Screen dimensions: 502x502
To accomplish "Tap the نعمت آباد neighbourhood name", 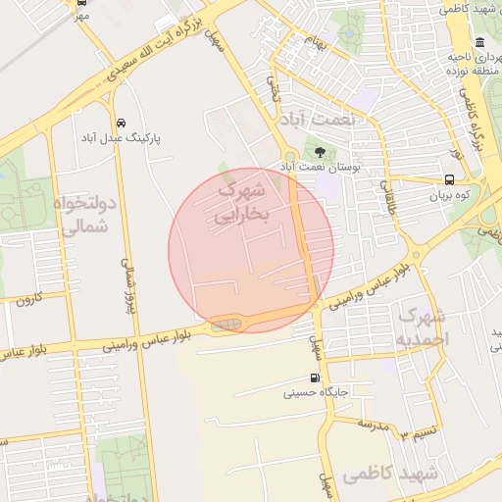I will pos(321,118).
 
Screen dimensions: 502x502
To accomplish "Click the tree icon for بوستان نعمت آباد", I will pos(321,151).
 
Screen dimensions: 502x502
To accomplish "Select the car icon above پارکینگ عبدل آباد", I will pos(120,124).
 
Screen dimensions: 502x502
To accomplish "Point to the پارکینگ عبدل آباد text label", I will pos(123,139).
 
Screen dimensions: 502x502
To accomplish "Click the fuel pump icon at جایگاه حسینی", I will pos(314,378).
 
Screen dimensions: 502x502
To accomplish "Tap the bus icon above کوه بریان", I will pos(448,179).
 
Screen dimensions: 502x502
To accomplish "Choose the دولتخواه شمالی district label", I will pos(86,215).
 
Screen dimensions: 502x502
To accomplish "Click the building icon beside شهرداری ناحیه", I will pos(479,42).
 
